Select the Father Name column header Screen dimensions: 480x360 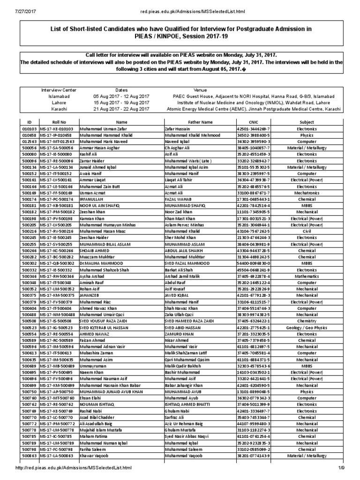200,122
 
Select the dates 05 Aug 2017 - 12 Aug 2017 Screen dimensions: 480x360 121,96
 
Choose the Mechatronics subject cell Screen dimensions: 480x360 307,193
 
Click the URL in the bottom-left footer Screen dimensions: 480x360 73,468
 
